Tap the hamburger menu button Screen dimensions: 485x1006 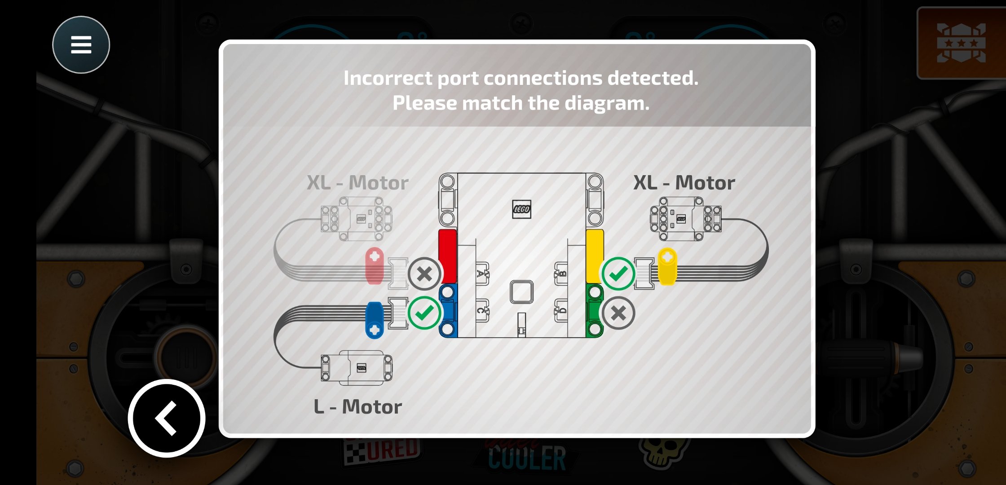tap(81, 45)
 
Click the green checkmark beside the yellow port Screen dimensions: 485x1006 tap(618, 273)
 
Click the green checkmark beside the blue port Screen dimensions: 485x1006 tap(424, 313)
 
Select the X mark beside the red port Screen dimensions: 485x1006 tap(424, 273)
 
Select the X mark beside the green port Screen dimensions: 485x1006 tap(618, 313)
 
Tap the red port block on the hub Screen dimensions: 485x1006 tap(447, 256)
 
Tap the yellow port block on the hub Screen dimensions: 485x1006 tap(595, 256)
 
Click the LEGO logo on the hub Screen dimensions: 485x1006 tap(521, 209)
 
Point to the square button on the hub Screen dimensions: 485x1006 tap(521, 292)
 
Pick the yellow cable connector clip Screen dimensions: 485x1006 tap(667, 266)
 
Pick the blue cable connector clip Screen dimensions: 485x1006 tap(374, 320)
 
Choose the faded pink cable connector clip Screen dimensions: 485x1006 tap(375, 266)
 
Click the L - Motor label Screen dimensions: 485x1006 tap(357, 407)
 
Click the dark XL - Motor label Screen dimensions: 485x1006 tap(684, 183)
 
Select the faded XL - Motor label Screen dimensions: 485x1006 tap(357, 183)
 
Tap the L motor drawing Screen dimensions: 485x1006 tap(357, 367)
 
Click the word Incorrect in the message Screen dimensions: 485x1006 tap(388, 78)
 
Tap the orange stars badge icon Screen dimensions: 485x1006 tap(961, 43)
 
